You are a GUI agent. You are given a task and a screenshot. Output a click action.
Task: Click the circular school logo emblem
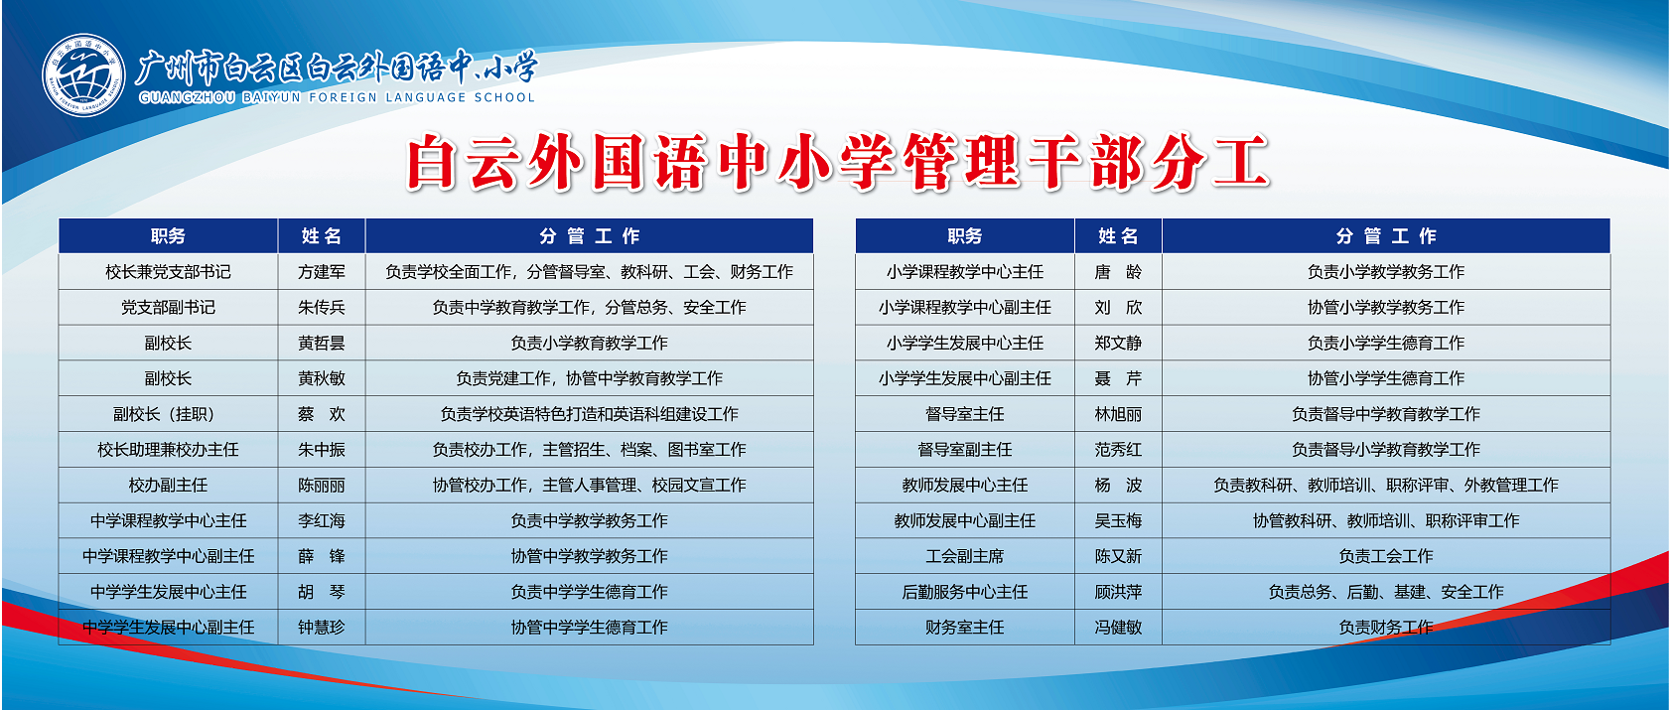(x=83, y=75)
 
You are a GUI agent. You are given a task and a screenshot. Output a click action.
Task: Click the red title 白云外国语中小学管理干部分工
(x=838, y=162)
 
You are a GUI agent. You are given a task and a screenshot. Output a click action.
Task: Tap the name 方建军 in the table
(x=322, y=272)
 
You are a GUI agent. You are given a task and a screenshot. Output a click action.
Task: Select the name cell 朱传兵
(x=322, y=307)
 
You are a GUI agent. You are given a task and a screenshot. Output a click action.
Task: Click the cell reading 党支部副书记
(x=168, y=307)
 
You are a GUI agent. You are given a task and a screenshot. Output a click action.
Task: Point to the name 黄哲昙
(x=322, y=343)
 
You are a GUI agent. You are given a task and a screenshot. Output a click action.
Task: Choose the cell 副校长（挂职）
(x=168, y=414)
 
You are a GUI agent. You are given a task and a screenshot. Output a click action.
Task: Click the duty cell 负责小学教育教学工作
(x=590, y=343)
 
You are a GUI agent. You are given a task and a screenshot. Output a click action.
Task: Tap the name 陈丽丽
(x=322, y=486)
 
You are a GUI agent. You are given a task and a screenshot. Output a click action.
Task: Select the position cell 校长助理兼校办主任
(x=168, y=450)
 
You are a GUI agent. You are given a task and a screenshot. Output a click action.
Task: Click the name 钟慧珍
(x=322, y=628)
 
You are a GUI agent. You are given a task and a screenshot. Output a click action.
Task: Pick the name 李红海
(x=322, y=520)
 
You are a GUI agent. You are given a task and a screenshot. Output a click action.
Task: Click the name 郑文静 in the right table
(x=1118, y=343)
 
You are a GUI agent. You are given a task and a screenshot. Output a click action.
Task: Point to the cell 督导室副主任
(x=964, y=450)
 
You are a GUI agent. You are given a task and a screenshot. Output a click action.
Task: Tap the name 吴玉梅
(x=1118, y=520)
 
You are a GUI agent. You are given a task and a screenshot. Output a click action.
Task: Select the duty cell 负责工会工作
(x=1386, y=556)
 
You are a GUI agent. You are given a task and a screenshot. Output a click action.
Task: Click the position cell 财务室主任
(x=964, y=628)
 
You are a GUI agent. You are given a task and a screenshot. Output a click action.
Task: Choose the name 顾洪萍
(x=1118, y=592)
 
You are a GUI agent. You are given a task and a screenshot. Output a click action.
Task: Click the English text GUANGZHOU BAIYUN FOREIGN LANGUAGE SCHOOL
(x=338, y=97)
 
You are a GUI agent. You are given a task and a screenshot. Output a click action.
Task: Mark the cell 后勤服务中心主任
(x=964, y=592)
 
